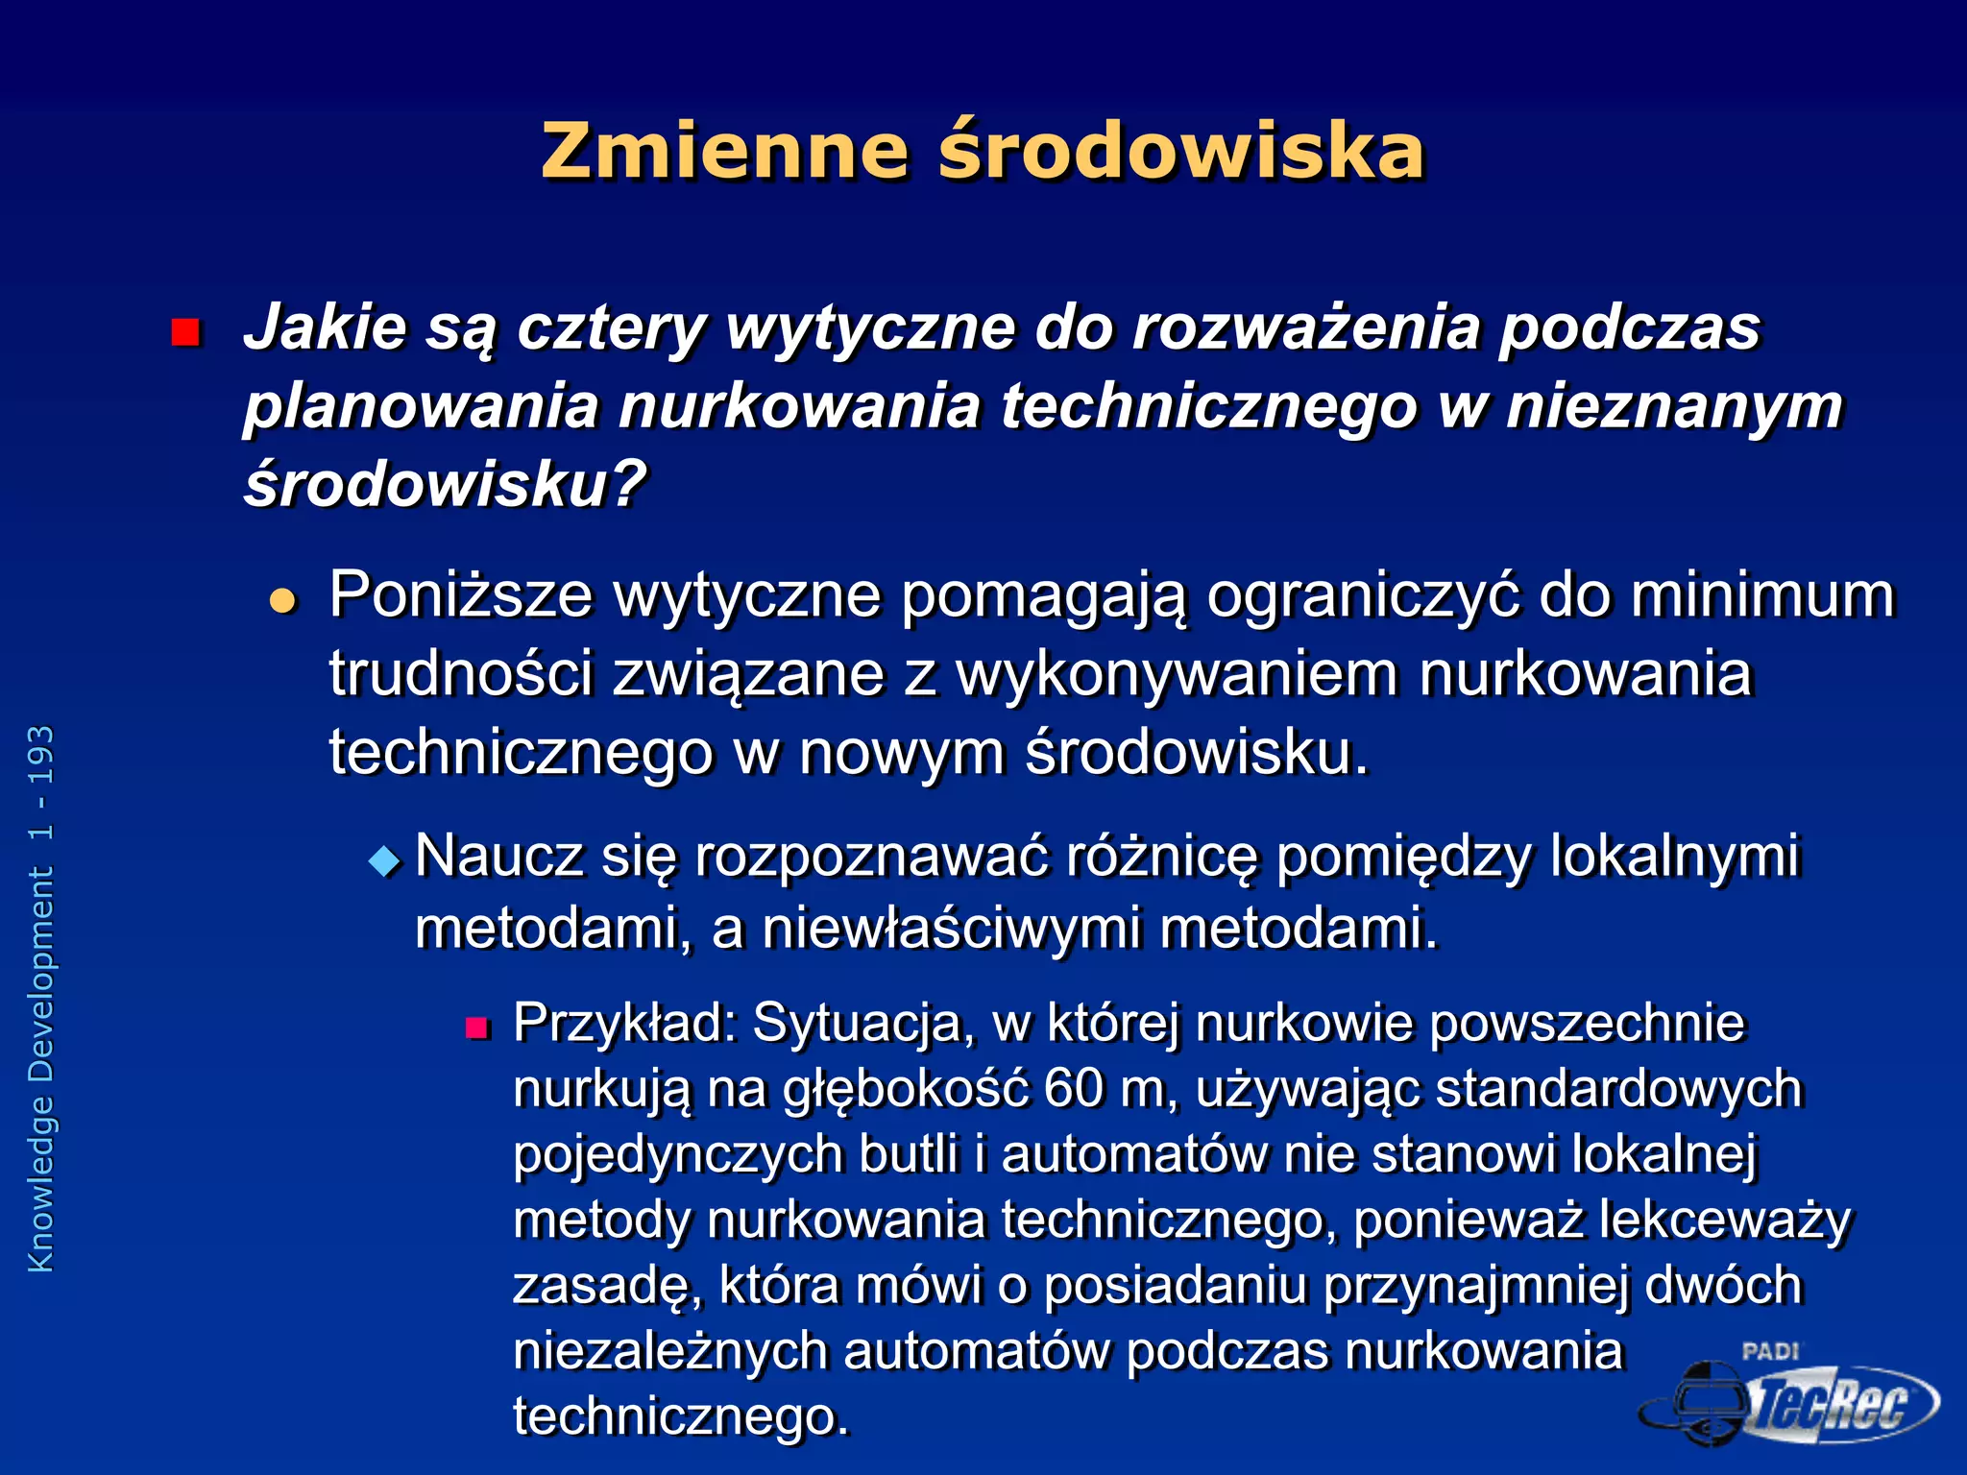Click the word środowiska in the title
tap(1180, 152)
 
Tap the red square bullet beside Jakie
tap(184, 332)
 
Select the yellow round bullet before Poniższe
tap(282, 601)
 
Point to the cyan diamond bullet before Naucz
tap(385, 860)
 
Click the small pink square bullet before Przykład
tap(477, 1029)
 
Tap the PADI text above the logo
tap(1769, 1351)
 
